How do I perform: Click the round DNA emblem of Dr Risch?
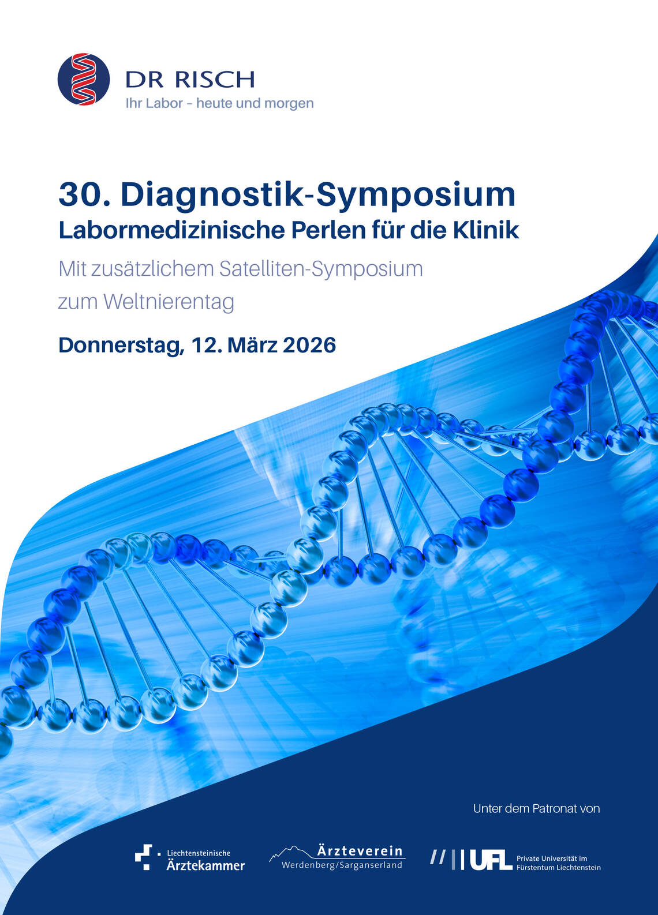84,79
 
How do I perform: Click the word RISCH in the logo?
215,80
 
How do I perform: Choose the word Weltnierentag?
169,303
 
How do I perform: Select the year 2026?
309,345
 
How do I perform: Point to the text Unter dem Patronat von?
537,808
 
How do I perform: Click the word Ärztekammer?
205,865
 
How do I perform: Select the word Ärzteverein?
360,852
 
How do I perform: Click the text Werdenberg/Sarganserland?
342,865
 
